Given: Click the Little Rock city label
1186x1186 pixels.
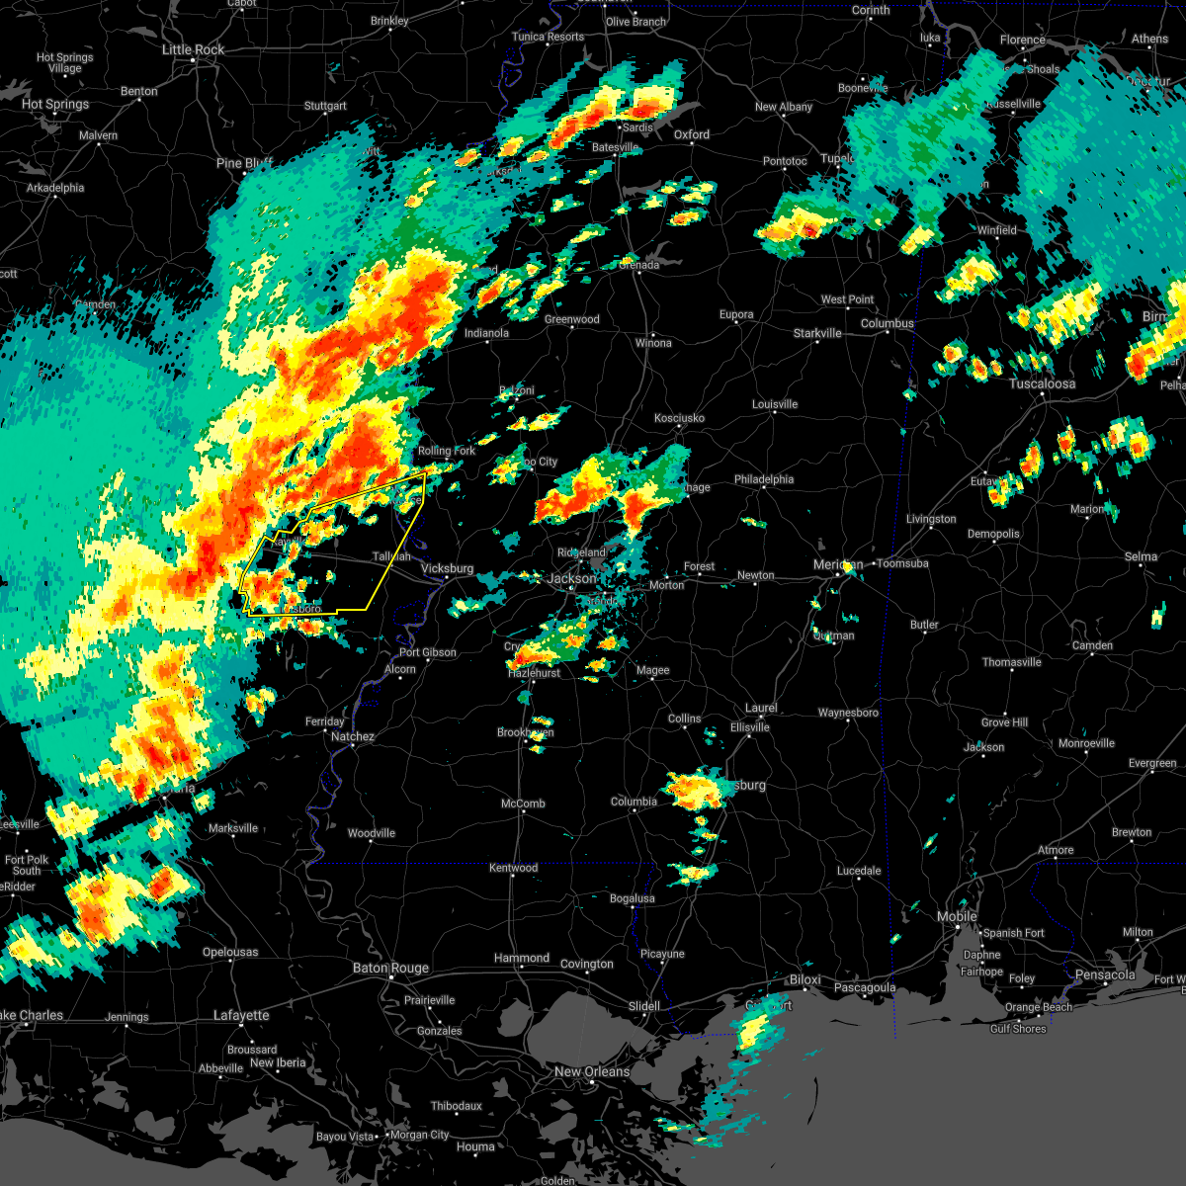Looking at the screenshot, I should pyautogui.click(x=193, y=49).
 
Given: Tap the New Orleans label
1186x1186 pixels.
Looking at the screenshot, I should pyautogui.click(x=591, y=1071).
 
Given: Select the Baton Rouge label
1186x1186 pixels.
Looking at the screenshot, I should pyautogui.click(x=390, y=969).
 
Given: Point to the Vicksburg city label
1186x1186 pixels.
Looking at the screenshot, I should pyautogui.click(x=447, y=569).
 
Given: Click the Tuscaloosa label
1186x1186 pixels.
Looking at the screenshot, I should pyautogui.click(x=1042, y=383).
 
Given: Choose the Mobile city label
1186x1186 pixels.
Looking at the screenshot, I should pyautogui.click(x=957, y=917).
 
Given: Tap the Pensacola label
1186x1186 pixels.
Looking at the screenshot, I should pyautogui.click(x=1105, y=975).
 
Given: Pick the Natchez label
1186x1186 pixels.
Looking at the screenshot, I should pyautogui.click(x=353, y=736).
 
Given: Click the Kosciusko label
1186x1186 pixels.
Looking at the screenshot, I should pyautogui.click(x=679, y=418).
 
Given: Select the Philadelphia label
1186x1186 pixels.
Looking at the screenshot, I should pyautogui.click(x=763, y=479).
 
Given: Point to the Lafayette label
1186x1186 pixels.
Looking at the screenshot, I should pyautogui.click(x=241, y=1015).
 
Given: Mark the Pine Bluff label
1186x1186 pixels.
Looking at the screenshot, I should pyautogui.click(x=244, y=163).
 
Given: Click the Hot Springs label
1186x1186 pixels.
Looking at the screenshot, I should pyautogui.click(x=55, y=104).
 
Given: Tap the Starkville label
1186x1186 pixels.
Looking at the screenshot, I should pyautogui.click(x=817, y=333).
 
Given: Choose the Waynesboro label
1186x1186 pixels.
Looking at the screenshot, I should pyautogui.click(x=848, y=713).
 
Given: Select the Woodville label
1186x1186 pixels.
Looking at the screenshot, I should pyautogui.click(x=371, y=833).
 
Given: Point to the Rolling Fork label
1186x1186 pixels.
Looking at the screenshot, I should pyautogui.click(x=446, y=451).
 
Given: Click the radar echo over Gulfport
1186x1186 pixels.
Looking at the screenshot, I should pyautogui.click(x=753, y=1031).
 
